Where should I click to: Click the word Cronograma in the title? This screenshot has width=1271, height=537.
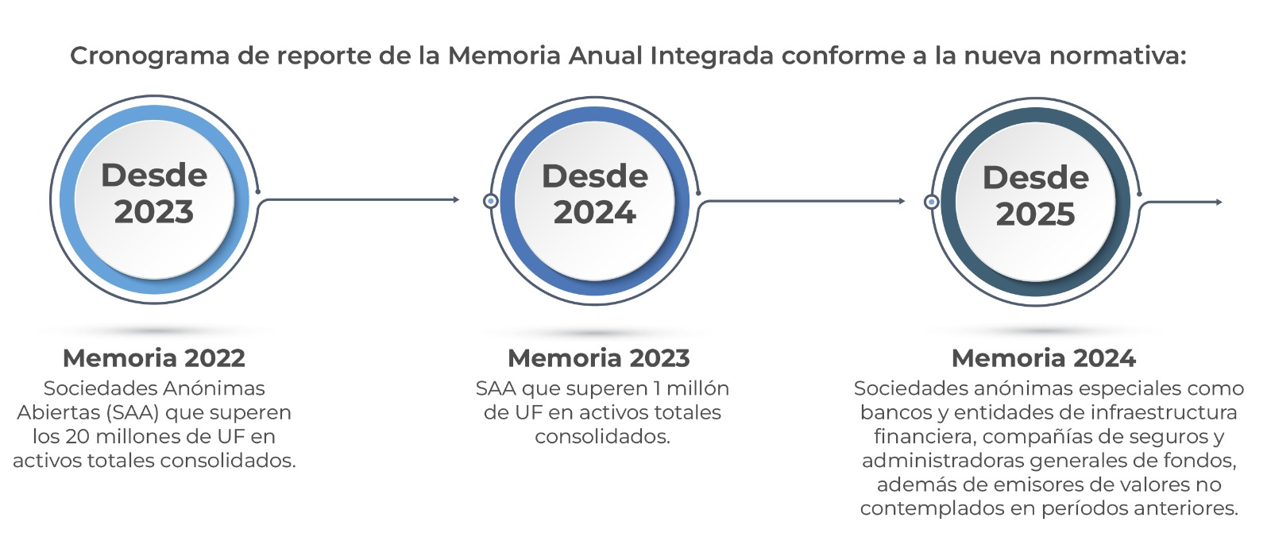(149, 56)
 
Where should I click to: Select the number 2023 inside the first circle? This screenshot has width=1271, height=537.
(154, 212)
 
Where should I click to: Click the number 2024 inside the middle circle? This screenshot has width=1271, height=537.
(595, 213)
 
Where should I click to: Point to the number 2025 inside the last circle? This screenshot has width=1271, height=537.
(1036, 214)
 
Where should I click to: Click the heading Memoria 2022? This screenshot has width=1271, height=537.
(154, 358)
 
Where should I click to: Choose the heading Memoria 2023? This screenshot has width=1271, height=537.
(599, 358)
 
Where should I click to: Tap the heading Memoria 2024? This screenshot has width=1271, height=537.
(1044, 358)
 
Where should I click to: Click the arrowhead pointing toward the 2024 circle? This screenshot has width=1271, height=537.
(456, 199)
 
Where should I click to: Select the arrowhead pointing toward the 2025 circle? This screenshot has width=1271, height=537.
(902, 200)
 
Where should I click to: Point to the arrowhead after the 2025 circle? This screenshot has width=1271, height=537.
(1219, 202)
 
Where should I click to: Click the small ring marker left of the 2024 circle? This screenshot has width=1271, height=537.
(491, 201)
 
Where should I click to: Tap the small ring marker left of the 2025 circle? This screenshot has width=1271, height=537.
(931, 202)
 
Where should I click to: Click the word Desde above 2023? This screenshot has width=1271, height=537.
(154, 175)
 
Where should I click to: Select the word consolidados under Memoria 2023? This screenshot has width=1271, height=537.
(603, 437)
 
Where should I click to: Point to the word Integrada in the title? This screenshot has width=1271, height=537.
(711, 56)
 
